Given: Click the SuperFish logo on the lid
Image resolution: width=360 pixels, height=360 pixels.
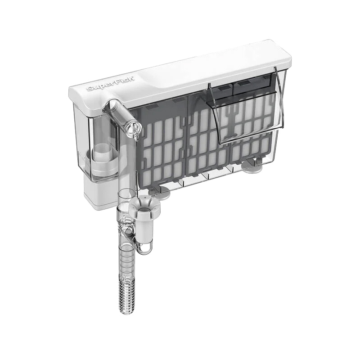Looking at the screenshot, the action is pyautogui.click(x=111, y=85).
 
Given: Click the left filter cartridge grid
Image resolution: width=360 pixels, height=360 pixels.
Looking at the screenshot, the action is pyautogui.click(x=162, y=149).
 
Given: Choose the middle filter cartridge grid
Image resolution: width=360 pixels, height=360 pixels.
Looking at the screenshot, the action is pyautogui.click(x=207, y=140).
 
